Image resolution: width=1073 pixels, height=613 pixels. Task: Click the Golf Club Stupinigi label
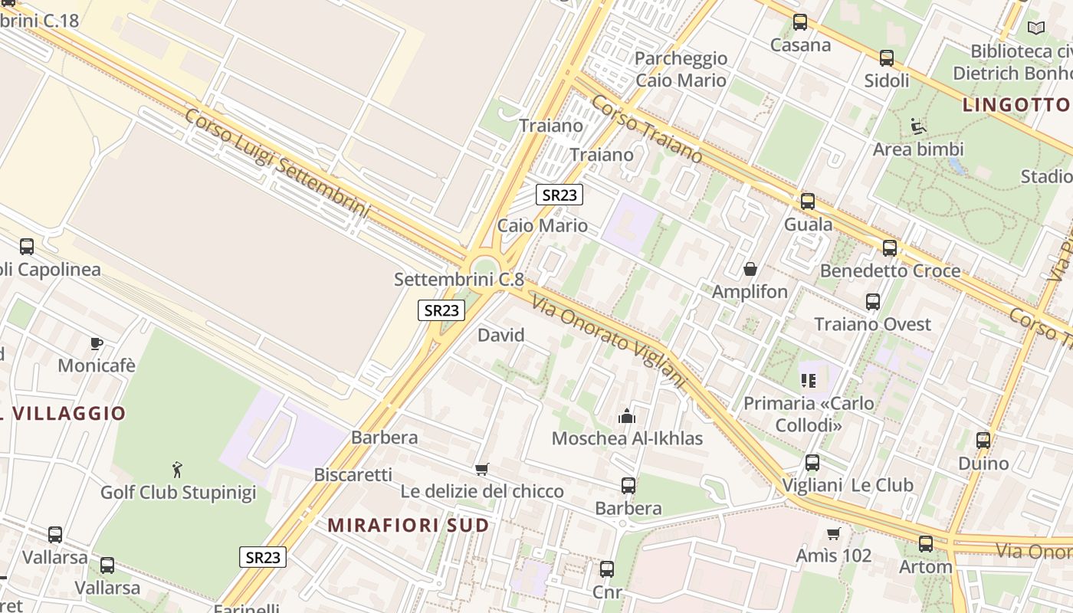pyautogui.click(x=178, y=492)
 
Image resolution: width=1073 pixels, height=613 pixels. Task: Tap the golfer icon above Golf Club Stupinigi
pyautogui.click(x=178, y=468)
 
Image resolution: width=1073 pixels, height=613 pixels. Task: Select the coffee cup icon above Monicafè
pyautogui.click(x=96, y=343)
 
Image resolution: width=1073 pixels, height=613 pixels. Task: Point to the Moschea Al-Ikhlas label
pyautogui.click(x=627, y=438)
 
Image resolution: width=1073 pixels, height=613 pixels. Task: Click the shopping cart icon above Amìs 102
pyautogui.click(x=834, y=533)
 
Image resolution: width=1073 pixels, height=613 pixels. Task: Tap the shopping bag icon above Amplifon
pyautogui.click(x=750, y=269)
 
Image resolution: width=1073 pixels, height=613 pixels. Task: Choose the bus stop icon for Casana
pyautogui.click(x=800, y=22)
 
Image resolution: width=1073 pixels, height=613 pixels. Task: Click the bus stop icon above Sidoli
pyautogui.click(x=887, y=58)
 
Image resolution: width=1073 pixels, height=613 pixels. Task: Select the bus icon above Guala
pyautogui.click(x=808, y=202)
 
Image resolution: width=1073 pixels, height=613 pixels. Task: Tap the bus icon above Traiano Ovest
pyautogui.click(x=873, y=302)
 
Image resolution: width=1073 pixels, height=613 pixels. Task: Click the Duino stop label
pyautogui.click(x=983, y=463)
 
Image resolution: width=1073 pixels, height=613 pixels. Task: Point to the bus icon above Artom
pyautogui.click(x=926, y=544)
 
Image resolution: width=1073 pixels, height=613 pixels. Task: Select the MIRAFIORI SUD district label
pyautogui.click(x=409, y=525)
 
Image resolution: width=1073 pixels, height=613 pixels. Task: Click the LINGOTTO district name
pyautogui.click(x=1016, y=105)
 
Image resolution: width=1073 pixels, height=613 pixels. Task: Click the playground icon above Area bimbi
pyautogui.click(x=917, y=125)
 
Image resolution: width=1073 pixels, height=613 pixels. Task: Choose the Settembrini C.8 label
pyautogui.click(x=458, y=279)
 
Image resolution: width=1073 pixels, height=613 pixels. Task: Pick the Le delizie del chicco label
pyautogui.click(x=482, y=491)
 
